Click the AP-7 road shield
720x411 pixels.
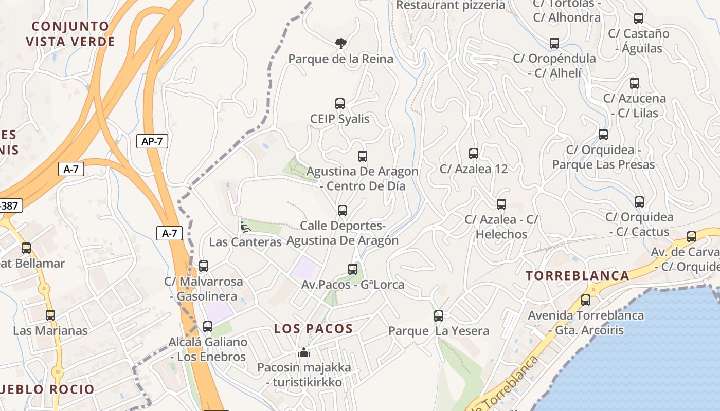click(152, 141)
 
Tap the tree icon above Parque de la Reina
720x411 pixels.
click(340, 43)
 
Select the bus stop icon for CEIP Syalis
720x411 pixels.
click(340, 104)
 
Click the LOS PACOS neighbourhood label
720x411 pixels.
click(313, 329)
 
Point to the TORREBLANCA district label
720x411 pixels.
click(578, 276)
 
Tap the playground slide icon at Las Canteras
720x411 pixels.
click(245, 226)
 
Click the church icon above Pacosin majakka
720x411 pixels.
click(304, 352)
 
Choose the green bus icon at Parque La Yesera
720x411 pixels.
click(439, 315)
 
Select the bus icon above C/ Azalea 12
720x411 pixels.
click(474, 153)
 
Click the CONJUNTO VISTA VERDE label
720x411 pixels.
click(70, 34)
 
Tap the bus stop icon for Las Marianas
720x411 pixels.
click(50, 315)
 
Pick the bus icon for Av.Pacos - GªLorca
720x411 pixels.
click(353, 269)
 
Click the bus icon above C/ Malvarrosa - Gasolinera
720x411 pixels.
click(204, 266)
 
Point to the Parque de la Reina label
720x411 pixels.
click(340, 59)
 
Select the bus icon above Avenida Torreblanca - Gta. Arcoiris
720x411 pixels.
click(586, 300)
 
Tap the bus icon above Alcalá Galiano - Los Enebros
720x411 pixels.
click(208, 326)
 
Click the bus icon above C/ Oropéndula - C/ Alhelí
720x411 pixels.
click(554, 43)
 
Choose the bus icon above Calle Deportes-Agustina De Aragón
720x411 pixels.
click(343, 210)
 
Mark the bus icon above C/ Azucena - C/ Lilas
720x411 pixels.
click(635, 83)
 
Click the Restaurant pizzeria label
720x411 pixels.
click(451, 5)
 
